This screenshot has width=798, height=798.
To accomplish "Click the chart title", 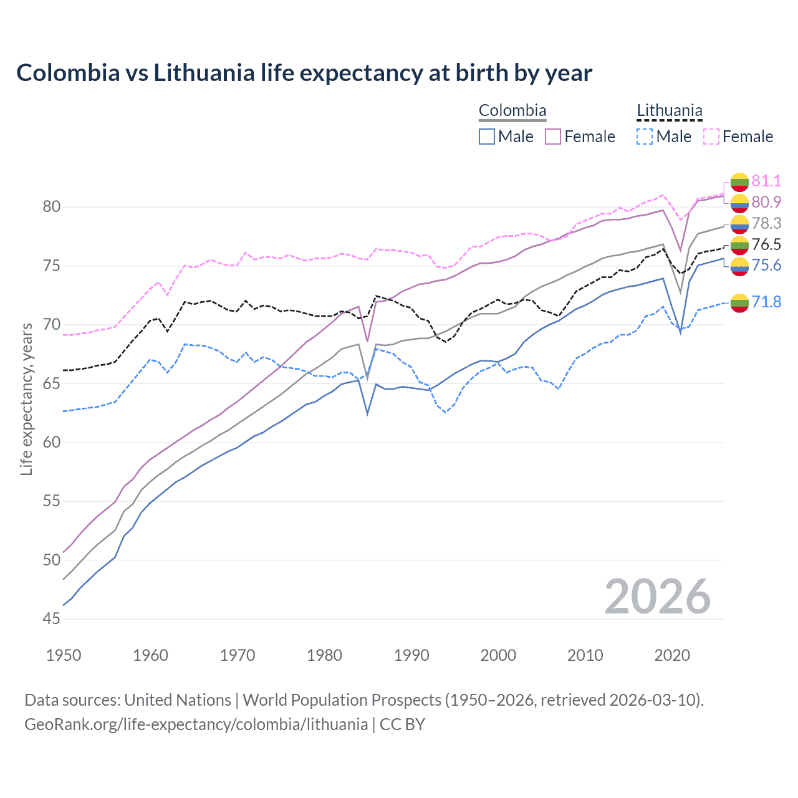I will [304, 73].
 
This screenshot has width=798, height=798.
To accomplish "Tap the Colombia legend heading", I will [512, 111].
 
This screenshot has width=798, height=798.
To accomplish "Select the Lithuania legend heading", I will [670, 111].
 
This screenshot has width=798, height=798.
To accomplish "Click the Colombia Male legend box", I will [487, 137].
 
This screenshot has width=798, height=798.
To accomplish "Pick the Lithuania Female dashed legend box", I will [711, 137].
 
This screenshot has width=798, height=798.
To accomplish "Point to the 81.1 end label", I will [766, 181].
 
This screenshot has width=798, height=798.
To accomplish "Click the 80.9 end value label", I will [766, 202].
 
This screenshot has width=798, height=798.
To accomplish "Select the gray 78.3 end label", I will [766, 223].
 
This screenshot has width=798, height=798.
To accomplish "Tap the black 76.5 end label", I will [766, 244].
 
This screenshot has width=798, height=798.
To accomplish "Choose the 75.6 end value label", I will [766, 266].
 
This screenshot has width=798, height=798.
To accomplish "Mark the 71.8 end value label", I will [766, 302].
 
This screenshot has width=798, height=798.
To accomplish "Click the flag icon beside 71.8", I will [739, 303].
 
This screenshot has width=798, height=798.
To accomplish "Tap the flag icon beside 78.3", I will [739, 224].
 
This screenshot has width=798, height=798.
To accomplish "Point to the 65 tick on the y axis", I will [51, 384].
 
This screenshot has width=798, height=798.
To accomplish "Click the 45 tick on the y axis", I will [51, 619].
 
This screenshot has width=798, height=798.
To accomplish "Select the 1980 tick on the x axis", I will [325, 655].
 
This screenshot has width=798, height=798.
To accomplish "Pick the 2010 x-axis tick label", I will [585, 655].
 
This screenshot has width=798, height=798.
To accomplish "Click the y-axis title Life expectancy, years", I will [26, 399].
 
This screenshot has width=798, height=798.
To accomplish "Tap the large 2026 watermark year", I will [658, 597].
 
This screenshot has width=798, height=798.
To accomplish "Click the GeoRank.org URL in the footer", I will [196, 724].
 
